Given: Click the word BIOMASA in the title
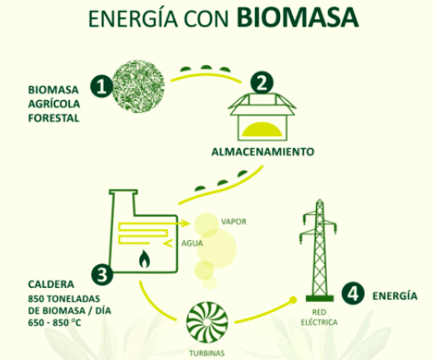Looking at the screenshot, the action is pos(297,17).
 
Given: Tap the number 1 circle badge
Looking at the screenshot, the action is pos(102,86).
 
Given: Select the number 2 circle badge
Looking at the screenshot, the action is pos(261,83).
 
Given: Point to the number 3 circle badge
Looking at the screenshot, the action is pos(102,275).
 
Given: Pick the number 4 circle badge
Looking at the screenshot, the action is pos(353,293).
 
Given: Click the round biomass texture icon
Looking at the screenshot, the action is pos(138,86).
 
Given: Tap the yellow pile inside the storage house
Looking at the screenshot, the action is pos(262,129).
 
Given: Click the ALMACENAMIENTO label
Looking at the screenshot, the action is pos(263,152).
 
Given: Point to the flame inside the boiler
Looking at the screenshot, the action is pos(144,259).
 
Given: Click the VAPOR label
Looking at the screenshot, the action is pos(234,222).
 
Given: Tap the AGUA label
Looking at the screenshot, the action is pos(192,243).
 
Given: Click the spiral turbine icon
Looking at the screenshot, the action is pos(207,322).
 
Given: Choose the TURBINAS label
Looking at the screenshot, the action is pos(207,353).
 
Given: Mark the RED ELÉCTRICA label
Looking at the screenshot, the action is pos(319,317).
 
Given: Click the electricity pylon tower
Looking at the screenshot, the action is pos(319,250).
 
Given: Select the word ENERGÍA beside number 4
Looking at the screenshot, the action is pos(395,296).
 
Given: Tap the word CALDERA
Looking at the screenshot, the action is pos(51,285).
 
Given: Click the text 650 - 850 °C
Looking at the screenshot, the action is pos(54,322).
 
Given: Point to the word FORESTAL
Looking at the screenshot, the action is pos(54,118).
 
